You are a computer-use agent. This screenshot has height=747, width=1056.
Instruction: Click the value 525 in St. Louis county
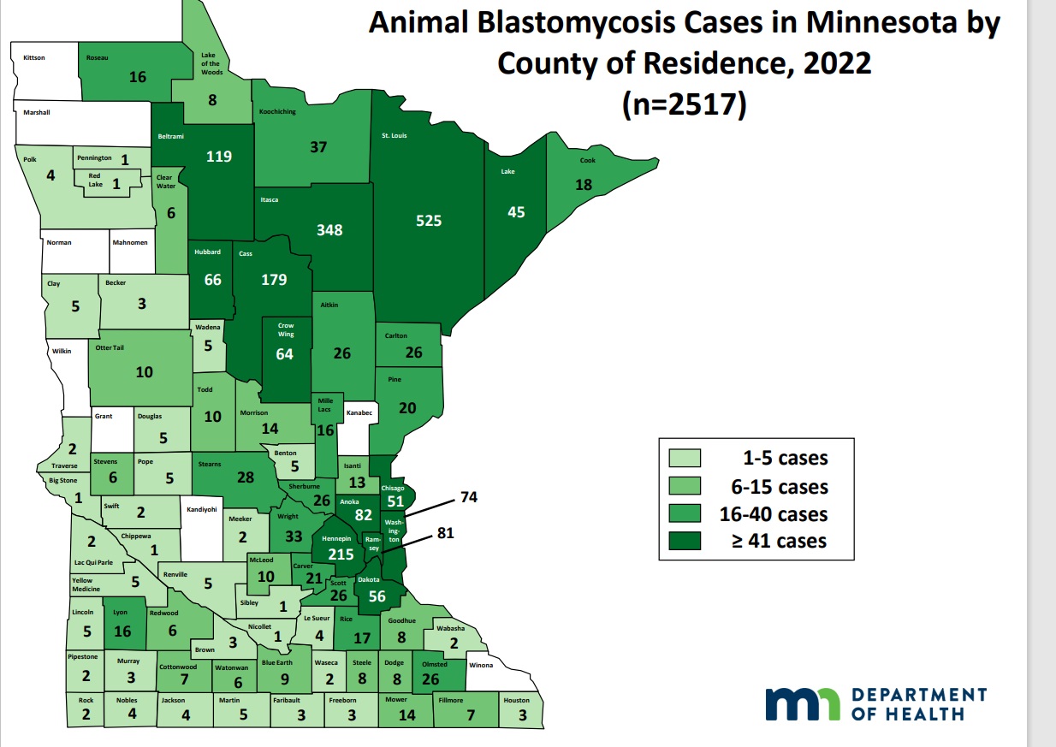429,221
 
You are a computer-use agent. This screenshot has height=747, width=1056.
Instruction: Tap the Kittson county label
33,57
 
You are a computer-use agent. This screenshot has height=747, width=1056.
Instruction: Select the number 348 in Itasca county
329,230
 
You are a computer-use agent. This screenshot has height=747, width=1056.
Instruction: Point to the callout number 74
469,497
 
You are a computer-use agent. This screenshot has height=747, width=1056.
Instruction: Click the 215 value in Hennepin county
341,554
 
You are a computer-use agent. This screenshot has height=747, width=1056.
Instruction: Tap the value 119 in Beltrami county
219,157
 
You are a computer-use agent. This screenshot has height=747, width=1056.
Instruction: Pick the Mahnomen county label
130,242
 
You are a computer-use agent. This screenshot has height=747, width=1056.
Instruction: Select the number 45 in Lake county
516,211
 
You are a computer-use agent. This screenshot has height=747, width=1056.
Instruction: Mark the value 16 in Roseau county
138,77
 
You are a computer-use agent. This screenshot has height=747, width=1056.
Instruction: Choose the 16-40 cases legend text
780,513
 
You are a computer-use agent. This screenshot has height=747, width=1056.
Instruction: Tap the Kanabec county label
358,412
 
